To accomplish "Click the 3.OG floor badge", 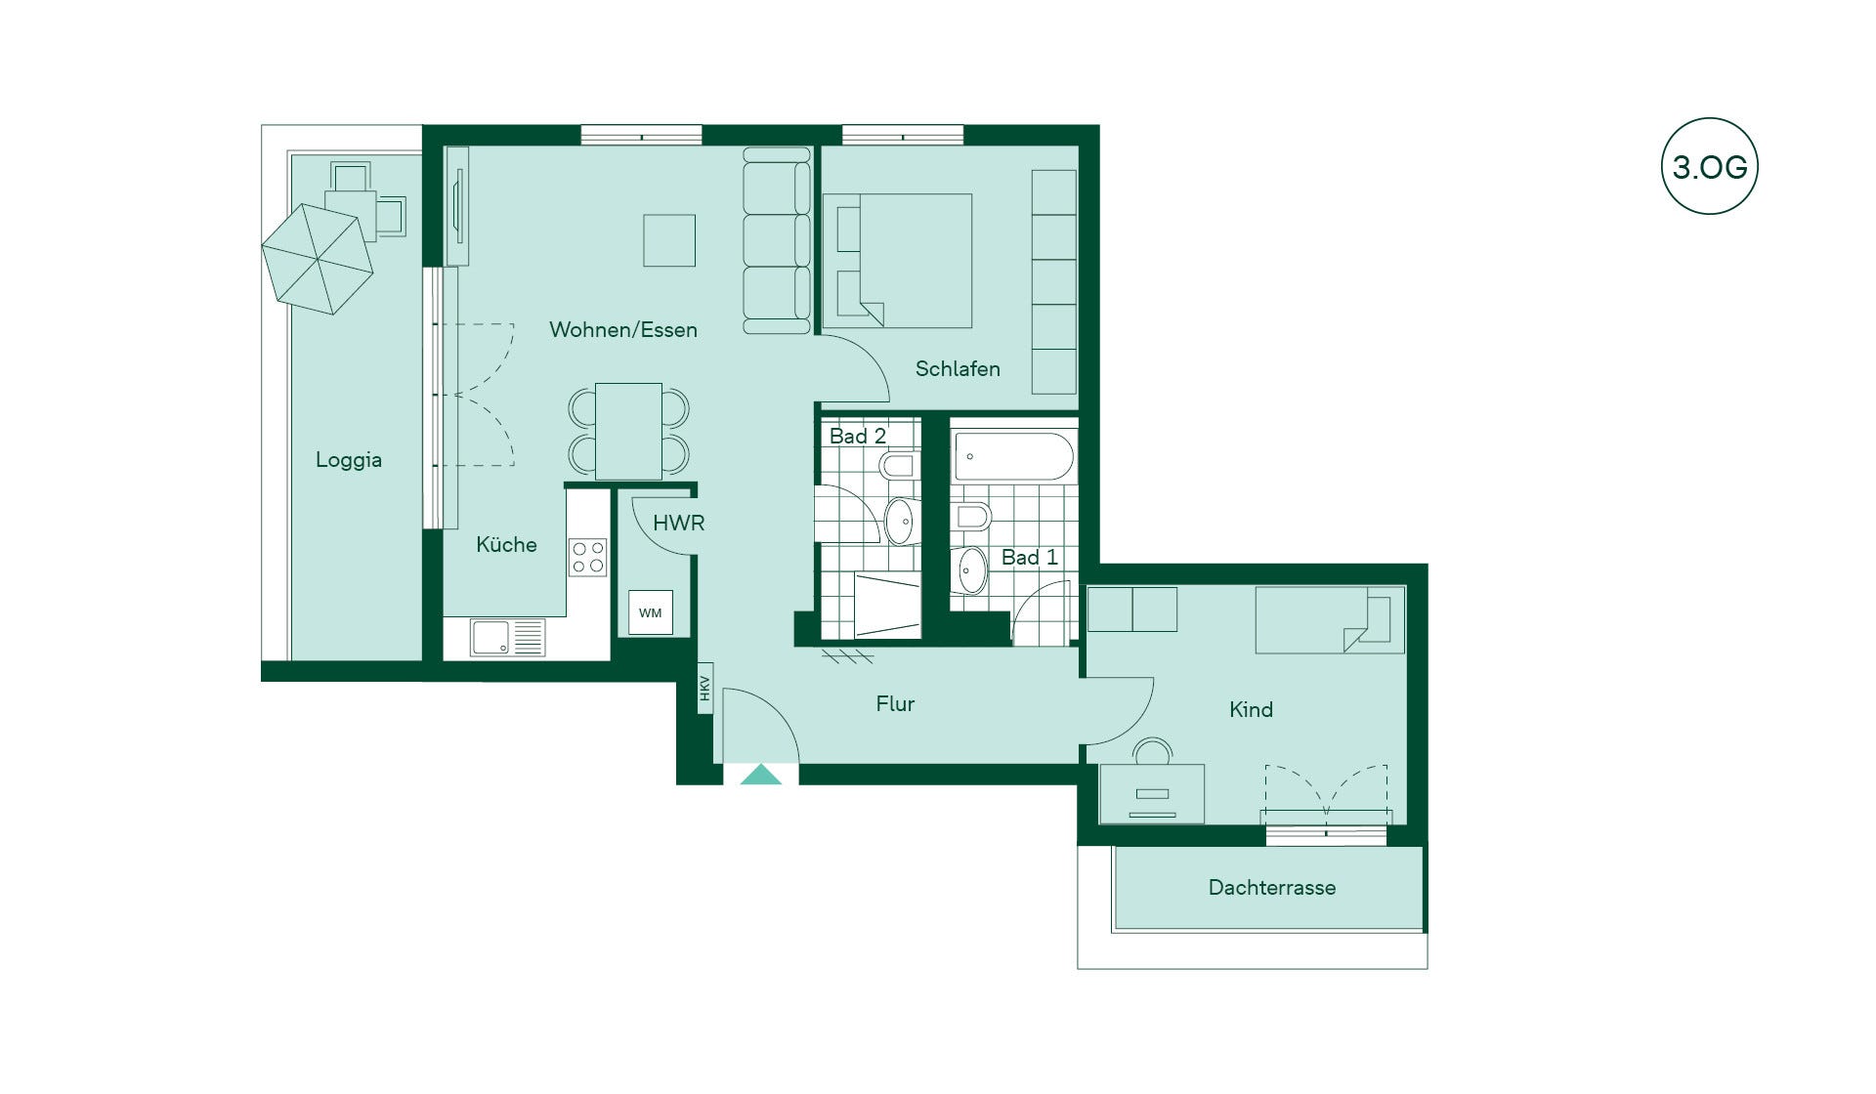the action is point(1709,166).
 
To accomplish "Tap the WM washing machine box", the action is point(650,612).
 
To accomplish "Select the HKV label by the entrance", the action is point(704,689).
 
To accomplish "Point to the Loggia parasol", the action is point(318,259).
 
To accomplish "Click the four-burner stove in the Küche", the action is point(588,557).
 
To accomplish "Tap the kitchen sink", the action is point(507,638).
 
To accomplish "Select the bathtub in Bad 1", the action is point(1013,456).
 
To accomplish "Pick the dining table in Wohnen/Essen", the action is point(628,431).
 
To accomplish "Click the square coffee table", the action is point(669,240).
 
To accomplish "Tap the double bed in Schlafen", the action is point(898,260).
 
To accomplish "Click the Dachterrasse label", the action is point(1271,887).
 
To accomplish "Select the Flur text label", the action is point(895,703).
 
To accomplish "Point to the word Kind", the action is point(1251,709).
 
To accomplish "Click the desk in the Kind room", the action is point(1152,793).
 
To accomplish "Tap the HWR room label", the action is point(678,523).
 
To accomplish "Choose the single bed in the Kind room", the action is point(1330,619).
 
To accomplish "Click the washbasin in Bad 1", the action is point(971,570).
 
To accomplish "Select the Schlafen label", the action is point(958,368).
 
